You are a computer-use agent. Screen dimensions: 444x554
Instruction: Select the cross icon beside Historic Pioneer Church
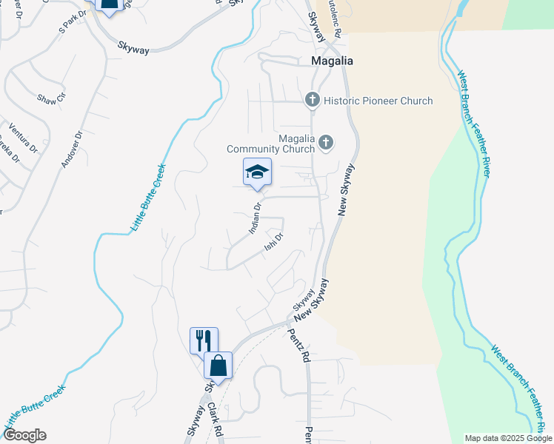pyautogui.click(x=313, y=100)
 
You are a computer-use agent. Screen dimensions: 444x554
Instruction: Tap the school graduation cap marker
pyautogui.click(x=257, y=172)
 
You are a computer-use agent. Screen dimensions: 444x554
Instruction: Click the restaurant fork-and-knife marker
pyautogui.click(x=204, y=340)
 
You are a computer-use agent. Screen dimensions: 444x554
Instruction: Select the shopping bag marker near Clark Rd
pyautogui.click(x=218, y=366)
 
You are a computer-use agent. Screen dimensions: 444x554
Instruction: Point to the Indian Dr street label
pyautogui.click(x=255, y=218)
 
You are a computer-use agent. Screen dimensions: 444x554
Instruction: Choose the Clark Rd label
pyautogui.click(x=216, y=419)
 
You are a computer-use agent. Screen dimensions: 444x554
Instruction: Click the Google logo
pyautogui.click(x=24, y=435)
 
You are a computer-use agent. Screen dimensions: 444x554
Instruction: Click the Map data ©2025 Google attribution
pyautogui.click(x=508, y=438)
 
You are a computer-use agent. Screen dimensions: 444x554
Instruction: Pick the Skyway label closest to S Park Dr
pyautogui.click(x=133, y=49)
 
